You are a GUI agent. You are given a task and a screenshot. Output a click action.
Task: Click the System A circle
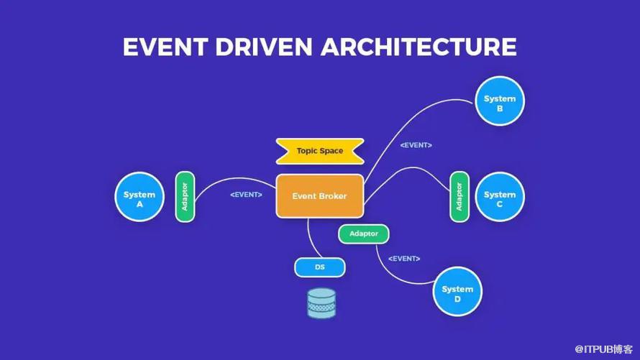pyautogui.click(x=140, y=197)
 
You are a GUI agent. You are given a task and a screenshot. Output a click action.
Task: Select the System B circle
pyautogui.click(x=500, y=101)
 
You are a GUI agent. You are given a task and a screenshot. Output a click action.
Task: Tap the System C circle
pyautogui.click(x=500, y=197)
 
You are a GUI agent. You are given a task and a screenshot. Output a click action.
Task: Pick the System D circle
pyautogui.click(x=457, y=292)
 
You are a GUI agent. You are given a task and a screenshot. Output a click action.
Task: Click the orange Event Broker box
pyautogui.click(x=319, y=196)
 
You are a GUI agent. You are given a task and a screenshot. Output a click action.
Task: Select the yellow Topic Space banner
pyautogui.click(x=319, y=151)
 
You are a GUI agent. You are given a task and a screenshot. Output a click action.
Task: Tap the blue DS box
pyautogui.click(x=319, y=267)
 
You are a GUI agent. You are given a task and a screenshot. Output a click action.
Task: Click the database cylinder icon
pyautogui.click(x=321, y=303)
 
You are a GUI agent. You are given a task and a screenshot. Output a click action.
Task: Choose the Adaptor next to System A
pyautogui.click(x=185, y=197)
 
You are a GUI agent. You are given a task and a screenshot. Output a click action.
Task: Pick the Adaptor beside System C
pyautogui.click(x=460, y=197)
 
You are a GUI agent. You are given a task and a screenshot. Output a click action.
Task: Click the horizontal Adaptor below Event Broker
pyautogui.click(x=363, y=234)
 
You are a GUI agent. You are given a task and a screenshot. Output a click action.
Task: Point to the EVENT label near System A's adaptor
pyautogui.click(x=246, y=195)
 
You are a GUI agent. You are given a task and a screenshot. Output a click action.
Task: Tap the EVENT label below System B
pyautogui.click(x=416, y=145)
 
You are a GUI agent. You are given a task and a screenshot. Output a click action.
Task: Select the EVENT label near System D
pyautogui.click(x=404, y=259)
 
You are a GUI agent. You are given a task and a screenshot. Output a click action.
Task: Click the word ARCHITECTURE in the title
pyautogui.click(x=419, y=47)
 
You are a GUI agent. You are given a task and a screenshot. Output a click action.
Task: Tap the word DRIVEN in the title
pyautogui.click(x=264, y=47)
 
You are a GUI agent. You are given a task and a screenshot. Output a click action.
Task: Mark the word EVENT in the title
pyautogui.click(x=165, y=47)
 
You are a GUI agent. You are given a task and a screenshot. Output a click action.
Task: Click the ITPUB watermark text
pyautogui.click(x=603, y=349)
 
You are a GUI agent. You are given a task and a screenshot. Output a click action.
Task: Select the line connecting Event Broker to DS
pyautogui.click(x=311, y=240)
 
